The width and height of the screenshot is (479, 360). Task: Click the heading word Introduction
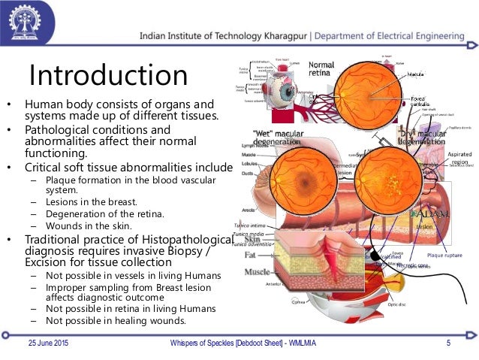click(107, 76)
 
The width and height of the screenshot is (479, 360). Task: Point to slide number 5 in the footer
click(447, 343)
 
